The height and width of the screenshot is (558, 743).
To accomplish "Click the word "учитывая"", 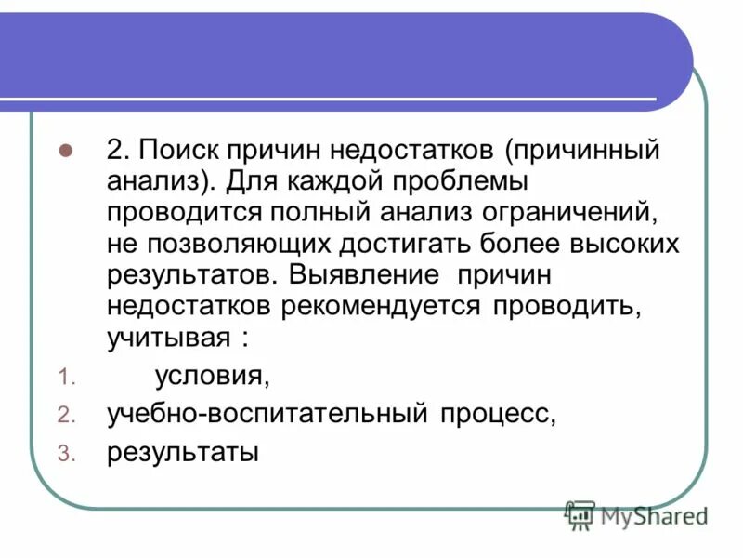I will pyautogui.click(x=167, y=339).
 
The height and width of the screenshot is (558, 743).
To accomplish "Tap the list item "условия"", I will pyautogui.click(x=213, y=377).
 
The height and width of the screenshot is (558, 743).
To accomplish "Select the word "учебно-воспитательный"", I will pyautogui.click(x=266, y=415).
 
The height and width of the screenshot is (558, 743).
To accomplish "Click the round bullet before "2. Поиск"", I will pyautogui.click(x=65, y=150).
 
